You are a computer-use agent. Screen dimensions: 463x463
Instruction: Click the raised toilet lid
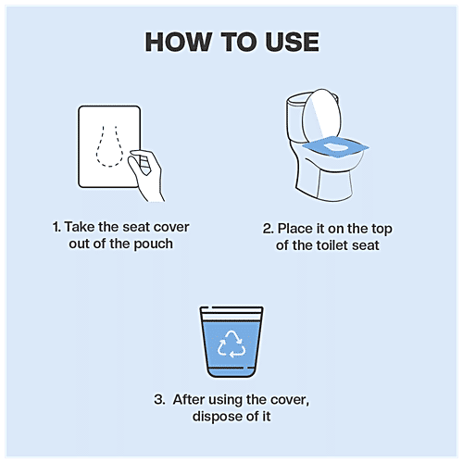(x=328, y=117)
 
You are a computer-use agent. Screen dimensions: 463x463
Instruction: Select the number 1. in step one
(x=57, y=226)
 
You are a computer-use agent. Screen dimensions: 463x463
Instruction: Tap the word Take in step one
(x=82, y=226)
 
